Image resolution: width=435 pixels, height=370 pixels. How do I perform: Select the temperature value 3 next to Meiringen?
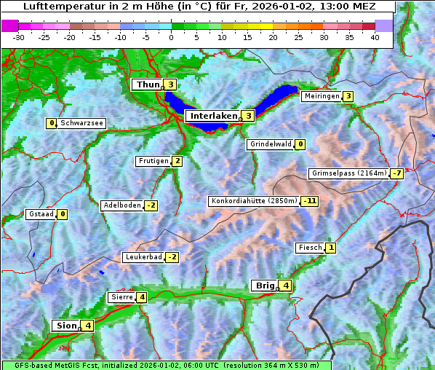[x=348, y=96]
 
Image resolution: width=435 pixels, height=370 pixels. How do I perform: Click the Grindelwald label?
[x=271, y=144]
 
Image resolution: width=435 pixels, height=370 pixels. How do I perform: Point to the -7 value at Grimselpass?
[x=396, y=173]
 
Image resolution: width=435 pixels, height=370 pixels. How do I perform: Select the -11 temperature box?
[x=311, y=201]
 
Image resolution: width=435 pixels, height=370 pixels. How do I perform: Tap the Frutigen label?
[x=153, y=161]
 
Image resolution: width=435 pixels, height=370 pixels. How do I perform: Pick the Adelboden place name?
[x=121, y=205]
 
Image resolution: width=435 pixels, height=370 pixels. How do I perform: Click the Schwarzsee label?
[x=82, y=123]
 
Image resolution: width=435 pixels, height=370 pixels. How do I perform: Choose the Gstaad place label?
[x=40, y=214]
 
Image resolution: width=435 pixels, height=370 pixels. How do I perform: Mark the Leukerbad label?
[x=143, y=257]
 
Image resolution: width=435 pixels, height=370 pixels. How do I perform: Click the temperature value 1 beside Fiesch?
[x=331, y=248]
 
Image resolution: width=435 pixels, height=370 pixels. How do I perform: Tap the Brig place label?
[x=263, y=286]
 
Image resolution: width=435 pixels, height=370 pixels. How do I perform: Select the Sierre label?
[x=121, y=297]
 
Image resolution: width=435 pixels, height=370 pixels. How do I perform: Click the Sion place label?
[x=65, y=326]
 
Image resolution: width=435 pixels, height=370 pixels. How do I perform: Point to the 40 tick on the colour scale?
[x=375, y=37]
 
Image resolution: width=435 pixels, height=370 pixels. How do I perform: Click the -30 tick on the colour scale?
[x=19, y=37]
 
